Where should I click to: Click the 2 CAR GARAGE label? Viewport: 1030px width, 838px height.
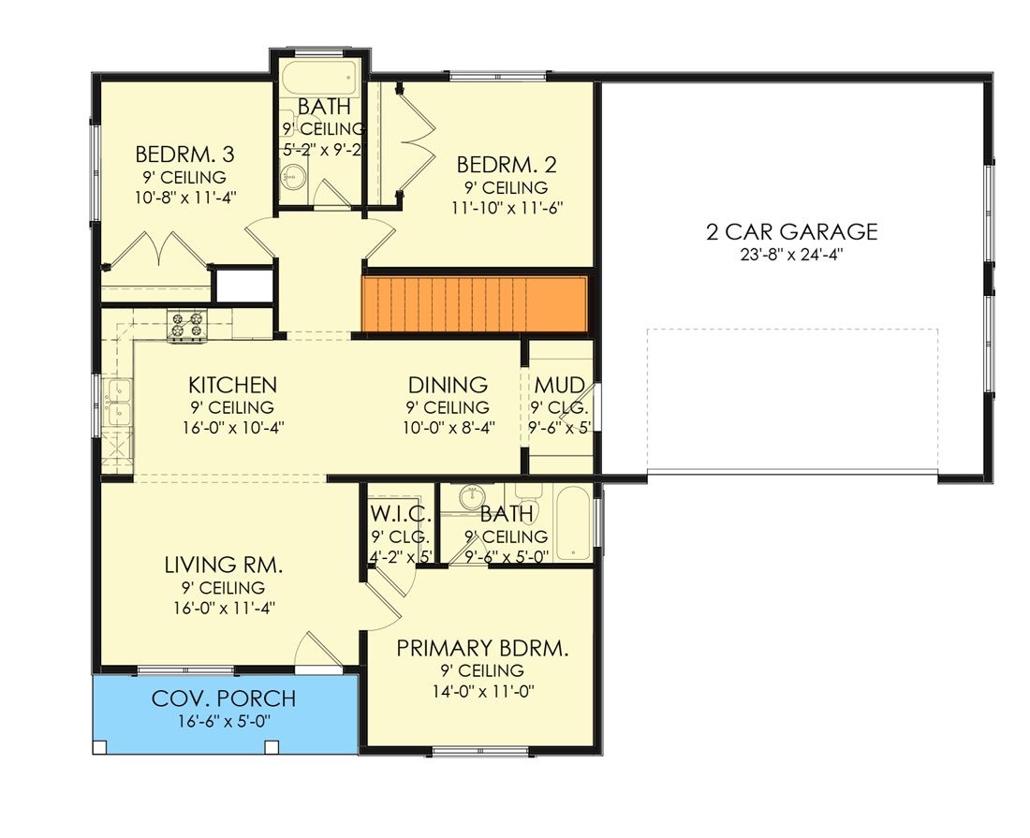click(791, 232)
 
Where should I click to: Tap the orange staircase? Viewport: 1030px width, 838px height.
click(475, 304)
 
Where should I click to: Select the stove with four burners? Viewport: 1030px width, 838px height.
click(187, 326)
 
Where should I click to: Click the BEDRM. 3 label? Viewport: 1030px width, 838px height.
click(184, 154)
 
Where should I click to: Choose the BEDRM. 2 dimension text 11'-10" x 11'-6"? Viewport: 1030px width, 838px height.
click(508, 208)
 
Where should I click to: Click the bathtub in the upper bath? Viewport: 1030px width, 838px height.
click(320, 79)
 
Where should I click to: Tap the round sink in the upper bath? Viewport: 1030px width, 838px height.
click(293, 175)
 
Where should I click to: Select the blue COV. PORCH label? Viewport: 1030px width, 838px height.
click(224, 698)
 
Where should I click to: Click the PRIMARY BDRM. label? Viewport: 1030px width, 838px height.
click(483, 649)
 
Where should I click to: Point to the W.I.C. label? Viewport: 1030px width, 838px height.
click(401, 513)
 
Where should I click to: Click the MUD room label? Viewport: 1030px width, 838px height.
click(560, 385)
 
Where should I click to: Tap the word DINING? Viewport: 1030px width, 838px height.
click(448, 385)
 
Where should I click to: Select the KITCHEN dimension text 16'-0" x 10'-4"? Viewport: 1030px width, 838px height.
click(233, 428)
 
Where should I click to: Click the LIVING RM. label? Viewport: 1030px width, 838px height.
click(224, 565)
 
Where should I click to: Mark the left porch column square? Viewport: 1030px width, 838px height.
click(100, 747)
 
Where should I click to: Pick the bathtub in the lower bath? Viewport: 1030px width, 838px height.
click(573, 523)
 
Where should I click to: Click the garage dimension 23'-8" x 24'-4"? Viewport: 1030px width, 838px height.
click(791, 255)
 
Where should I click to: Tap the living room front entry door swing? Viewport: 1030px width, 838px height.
click(318, 650)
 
